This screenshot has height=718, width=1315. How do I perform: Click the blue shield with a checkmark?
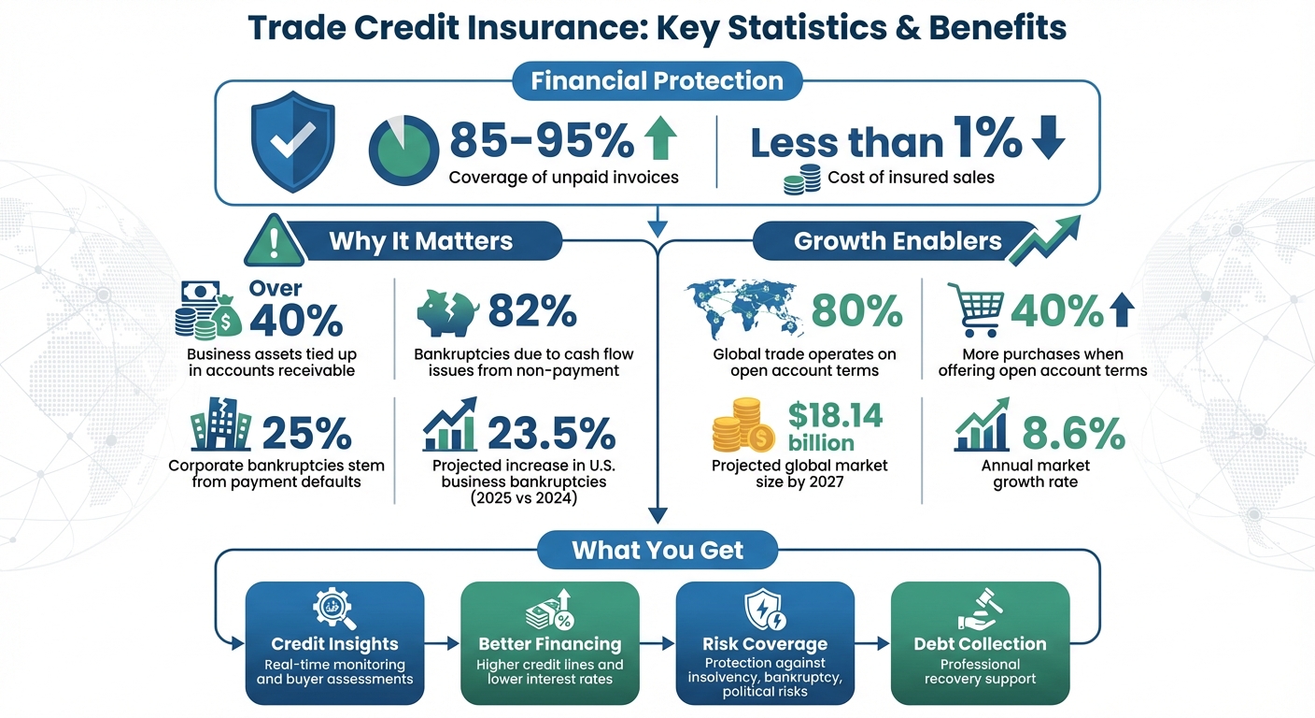point(291,141)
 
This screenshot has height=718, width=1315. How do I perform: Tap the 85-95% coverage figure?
point(542,141)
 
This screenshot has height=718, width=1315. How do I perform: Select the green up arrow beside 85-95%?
point(660,139)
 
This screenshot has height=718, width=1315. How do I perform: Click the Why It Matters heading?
point(420,242)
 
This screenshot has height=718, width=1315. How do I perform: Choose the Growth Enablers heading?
point(898,242)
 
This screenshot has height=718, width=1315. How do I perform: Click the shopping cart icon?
point(975,310)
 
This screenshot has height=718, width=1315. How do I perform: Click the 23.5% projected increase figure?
point(551,433)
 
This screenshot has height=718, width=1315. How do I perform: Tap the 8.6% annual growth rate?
point(1073,433)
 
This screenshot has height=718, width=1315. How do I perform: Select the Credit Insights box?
point(334,643)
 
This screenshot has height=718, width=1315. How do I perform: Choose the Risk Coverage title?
point(765,644)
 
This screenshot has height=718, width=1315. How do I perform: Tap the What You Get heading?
point(657,549)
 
